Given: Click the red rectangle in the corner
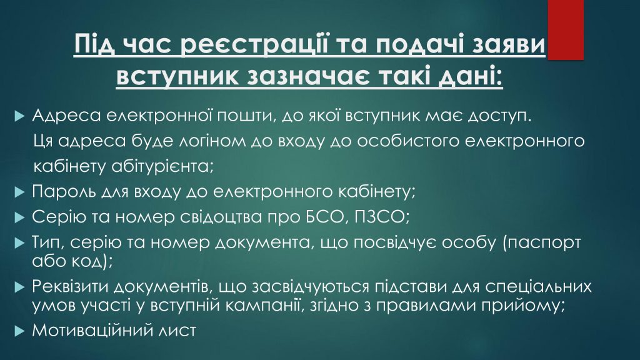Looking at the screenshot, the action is tap(565, 30).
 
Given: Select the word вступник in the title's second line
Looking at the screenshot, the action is tap(177, 76).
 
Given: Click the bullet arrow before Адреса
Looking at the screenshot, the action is tap(19, 116).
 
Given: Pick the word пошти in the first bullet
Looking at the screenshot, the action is tap(243, 116).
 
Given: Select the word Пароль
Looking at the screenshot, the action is tap(62, 191).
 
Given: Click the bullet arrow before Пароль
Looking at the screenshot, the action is tap(19, 192).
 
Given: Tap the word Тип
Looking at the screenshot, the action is tap(48, 242).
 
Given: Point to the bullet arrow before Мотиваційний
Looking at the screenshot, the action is tap(19, 331).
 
